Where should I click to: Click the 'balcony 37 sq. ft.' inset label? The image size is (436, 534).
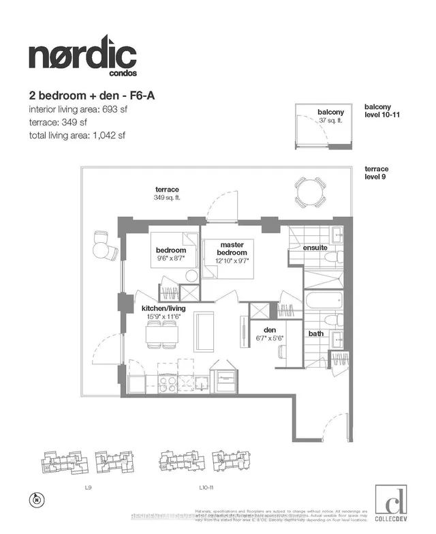(330, 115)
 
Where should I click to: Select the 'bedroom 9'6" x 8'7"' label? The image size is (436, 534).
(172, 254)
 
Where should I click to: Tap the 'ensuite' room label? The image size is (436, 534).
(315, 248)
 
